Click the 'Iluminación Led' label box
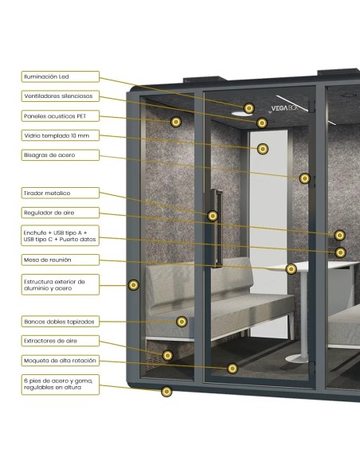point(61,76)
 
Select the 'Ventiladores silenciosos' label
point(61,96)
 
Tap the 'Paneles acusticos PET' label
point(61,116)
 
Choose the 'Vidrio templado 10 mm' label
point(61,135)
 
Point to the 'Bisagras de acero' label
point(61,155)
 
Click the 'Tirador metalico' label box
point(61,193)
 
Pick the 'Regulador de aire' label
point(61,213)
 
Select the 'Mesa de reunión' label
point(61,260)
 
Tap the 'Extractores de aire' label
point(61,341)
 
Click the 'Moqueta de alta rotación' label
point(61,361)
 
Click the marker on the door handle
point(213,216)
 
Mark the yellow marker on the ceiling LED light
point(249,108)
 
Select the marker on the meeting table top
point(292,269)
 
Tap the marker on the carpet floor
point(233,369)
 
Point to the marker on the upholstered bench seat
point(182,322)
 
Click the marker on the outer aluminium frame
point(134,285)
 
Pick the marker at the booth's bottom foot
point(166,392)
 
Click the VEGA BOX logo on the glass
point(284,108)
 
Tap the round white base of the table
point(297,359)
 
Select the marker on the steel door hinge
point(304,178)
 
